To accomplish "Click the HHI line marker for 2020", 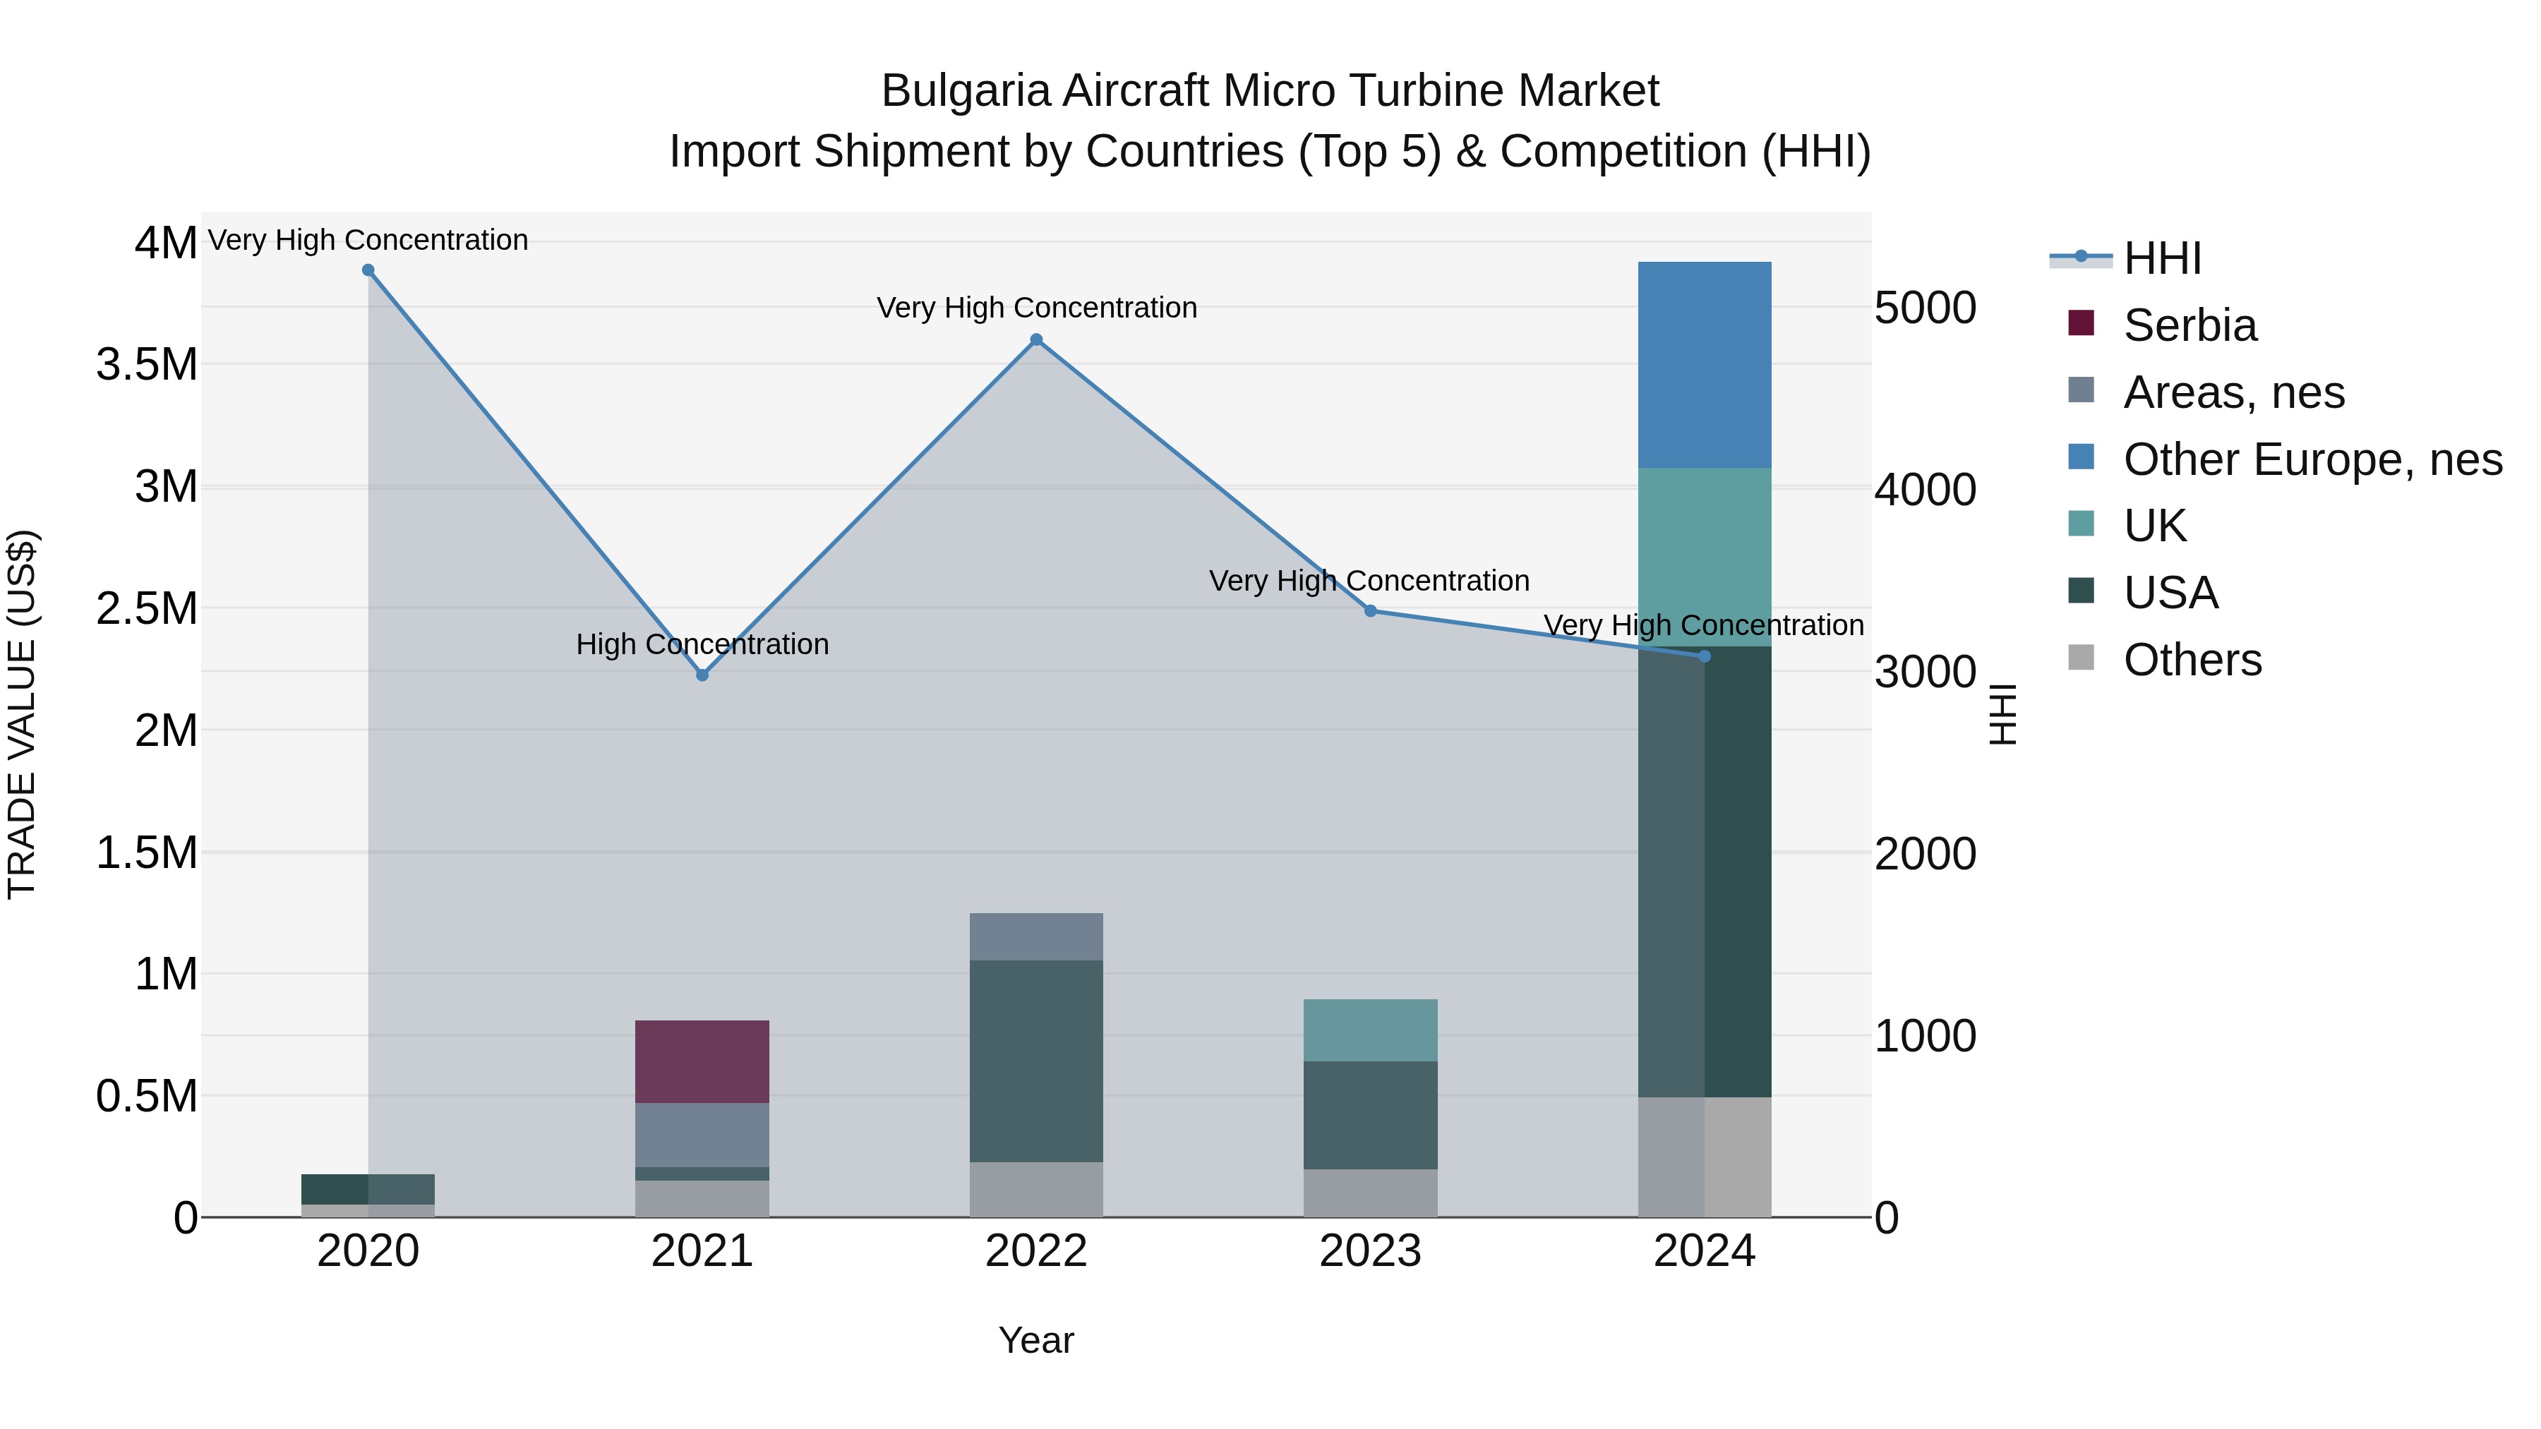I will [x=368, y=270].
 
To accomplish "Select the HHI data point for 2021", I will [x=702, y=675].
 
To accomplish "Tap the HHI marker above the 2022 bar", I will [x=1035, y=340].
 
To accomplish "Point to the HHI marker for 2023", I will [x=1370, y=611].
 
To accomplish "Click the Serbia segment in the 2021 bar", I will [x=702, y=1061].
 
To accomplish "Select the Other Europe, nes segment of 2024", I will [x=1704, y=365].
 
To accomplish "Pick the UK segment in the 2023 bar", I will [x=1370, y=1030].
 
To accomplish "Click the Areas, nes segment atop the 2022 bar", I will [x=1035, y=936].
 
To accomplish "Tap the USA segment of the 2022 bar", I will [x=1035, y=1060].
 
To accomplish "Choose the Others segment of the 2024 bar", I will [x=1704, y=1156].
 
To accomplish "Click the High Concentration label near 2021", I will [x=702, y=644].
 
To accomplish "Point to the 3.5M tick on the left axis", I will [x=146, y=365].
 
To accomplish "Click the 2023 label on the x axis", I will [x=1370, y=1251].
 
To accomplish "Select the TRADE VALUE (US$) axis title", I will [x=22, y=714].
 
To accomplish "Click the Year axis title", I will [x=1035, y=1340].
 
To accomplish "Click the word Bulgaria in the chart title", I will [x=967, y=91].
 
